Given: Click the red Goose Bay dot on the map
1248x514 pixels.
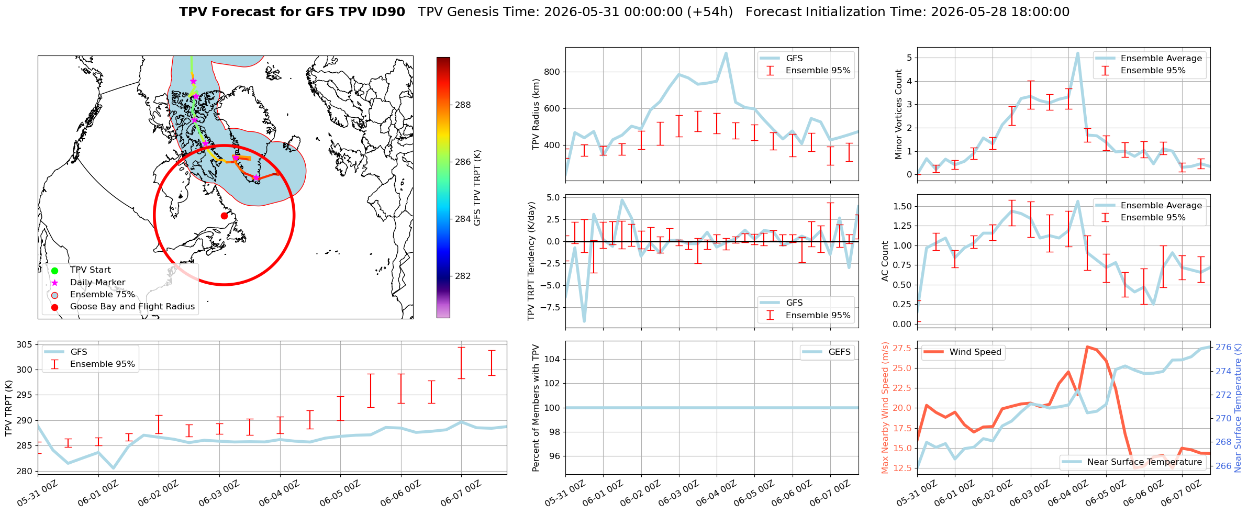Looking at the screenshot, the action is click(x=224, y=216).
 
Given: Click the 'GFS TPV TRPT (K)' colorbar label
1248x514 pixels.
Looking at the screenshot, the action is click(x=477, y=188).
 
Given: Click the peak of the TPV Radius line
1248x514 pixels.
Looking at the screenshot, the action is click(x=726, y=53).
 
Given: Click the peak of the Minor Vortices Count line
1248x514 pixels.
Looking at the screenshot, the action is click(x=1077, y=53).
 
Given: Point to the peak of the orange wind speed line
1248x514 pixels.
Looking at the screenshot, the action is click(x=1087, y=347).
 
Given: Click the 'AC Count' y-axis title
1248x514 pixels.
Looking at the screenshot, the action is click(x=885, y=261).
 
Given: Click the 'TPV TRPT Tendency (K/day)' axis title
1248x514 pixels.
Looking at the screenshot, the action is click(x=532, y=261).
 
